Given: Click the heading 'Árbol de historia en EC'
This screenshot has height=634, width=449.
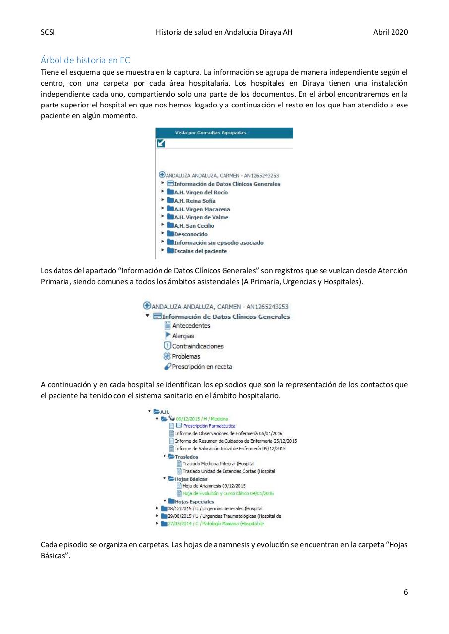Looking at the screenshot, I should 85,60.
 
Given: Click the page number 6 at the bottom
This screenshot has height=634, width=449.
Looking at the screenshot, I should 406,592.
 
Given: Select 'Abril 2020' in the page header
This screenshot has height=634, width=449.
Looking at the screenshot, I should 391,32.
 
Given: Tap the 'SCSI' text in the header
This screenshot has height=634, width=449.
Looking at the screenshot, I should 47,32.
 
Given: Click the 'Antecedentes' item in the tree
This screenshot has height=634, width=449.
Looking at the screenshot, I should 191,326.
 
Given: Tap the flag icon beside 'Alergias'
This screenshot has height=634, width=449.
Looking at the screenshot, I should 168,336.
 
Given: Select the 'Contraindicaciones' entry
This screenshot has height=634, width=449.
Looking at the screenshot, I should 197,346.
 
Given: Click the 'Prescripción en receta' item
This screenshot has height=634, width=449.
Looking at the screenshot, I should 202,367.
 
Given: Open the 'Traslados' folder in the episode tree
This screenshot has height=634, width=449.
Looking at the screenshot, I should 186,457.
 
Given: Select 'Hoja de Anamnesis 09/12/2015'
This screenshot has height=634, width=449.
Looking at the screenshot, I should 214,486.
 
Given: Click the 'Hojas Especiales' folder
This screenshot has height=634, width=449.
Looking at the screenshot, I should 194,501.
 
